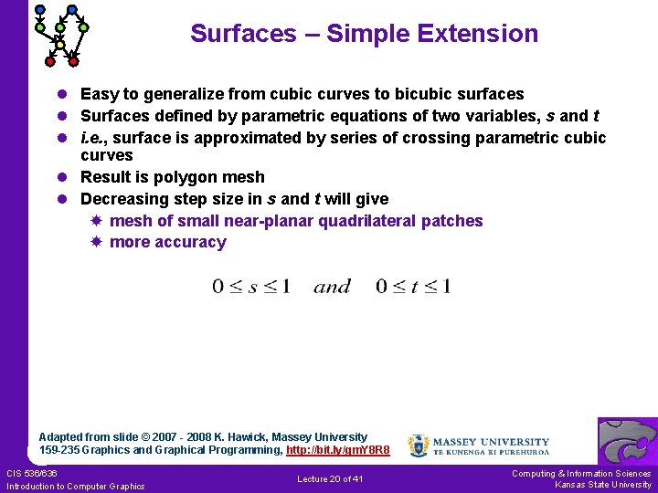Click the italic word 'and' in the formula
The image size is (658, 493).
[x=333, y=287]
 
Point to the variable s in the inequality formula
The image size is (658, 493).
[x=251, y=287]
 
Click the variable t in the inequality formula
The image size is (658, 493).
[x=414, y=287]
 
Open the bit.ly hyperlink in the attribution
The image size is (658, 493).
[x=338, y=450]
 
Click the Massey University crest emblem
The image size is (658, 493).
[x=418, y=445]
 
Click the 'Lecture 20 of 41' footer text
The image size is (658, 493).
[x=330, y=479]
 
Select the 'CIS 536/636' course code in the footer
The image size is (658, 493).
[x=32, y=473]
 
